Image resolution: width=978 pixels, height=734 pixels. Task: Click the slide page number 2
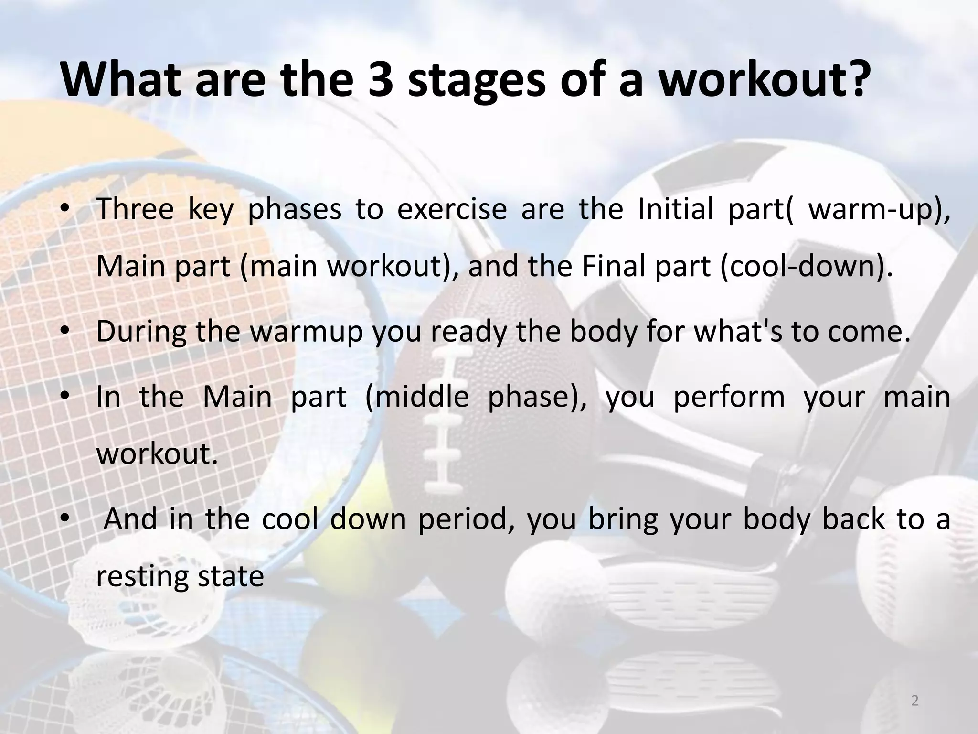[x=914, y=701]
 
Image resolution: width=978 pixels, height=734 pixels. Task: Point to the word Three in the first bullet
[x=135, y=209]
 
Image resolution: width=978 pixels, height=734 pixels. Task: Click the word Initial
[x=674, y=209]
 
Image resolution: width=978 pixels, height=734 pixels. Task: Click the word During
[x=140, y=331]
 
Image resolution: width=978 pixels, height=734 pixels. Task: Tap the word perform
[x=729, y=398]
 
